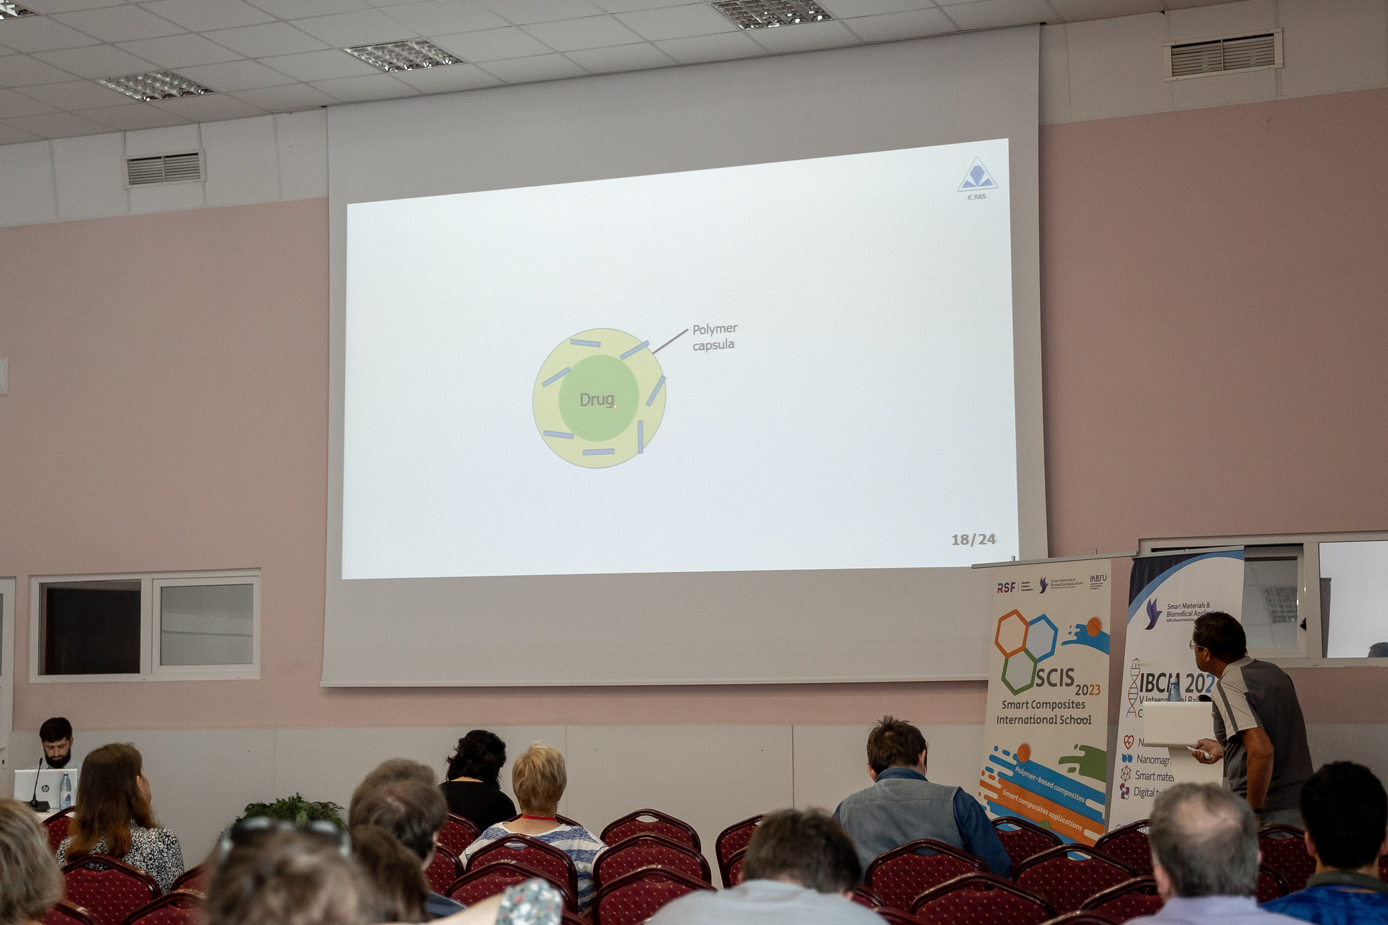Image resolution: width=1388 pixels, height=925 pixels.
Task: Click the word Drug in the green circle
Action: (x=596, y=400)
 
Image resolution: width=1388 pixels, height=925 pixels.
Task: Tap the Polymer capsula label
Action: (x=714, y=337)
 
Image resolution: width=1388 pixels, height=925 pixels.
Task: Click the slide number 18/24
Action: (x=973, y=539)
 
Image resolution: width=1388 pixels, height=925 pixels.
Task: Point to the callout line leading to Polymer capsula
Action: (x=669, y=341)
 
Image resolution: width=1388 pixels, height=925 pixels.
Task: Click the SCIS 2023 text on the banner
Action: (x=1067, y=681)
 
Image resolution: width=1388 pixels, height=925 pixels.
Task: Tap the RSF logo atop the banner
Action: (x=1006, y=587)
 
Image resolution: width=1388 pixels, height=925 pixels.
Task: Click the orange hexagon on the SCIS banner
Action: (x=1012, y=633)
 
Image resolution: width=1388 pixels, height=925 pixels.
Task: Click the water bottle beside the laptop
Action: (x=66, y=791)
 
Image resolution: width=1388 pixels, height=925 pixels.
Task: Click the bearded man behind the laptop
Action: (x=56, y=743)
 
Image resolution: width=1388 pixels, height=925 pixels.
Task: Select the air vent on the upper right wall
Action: (x=1222, y=55)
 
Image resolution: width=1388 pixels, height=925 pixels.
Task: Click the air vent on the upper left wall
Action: (x=163, y=169)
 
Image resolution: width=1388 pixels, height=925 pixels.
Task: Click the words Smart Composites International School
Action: (x=1043, y=712)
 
